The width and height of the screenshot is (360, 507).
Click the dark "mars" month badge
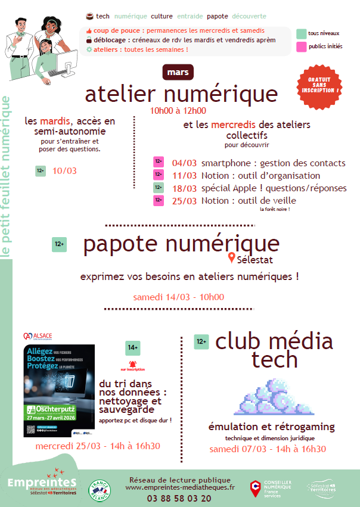tap(178, 72)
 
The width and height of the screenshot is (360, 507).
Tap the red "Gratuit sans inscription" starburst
tap(321, 87)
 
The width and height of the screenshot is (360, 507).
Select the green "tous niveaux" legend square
tap(302, 33)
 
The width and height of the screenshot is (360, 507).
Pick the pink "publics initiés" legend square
tap(302, 46)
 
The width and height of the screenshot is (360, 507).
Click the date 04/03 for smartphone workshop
tap(184, 163)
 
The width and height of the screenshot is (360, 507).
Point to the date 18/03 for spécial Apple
tap(184, 188)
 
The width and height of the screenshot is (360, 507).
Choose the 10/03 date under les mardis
tap(64, 171)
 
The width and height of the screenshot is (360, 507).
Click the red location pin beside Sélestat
tap(231, 258)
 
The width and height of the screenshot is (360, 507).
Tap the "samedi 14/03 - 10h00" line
tap(179, 297)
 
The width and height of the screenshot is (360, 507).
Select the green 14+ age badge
tap(132, 347)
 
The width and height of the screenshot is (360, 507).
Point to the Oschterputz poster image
tap(59, 390)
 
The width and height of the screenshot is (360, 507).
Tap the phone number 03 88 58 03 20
tap(171, 498)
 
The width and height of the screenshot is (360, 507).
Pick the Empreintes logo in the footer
tap(42, 483)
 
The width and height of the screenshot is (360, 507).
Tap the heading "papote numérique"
tap(181, 244)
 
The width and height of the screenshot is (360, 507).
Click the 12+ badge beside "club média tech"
tap(201, 341)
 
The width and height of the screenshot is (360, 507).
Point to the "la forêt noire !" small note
tap(274, 210)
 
